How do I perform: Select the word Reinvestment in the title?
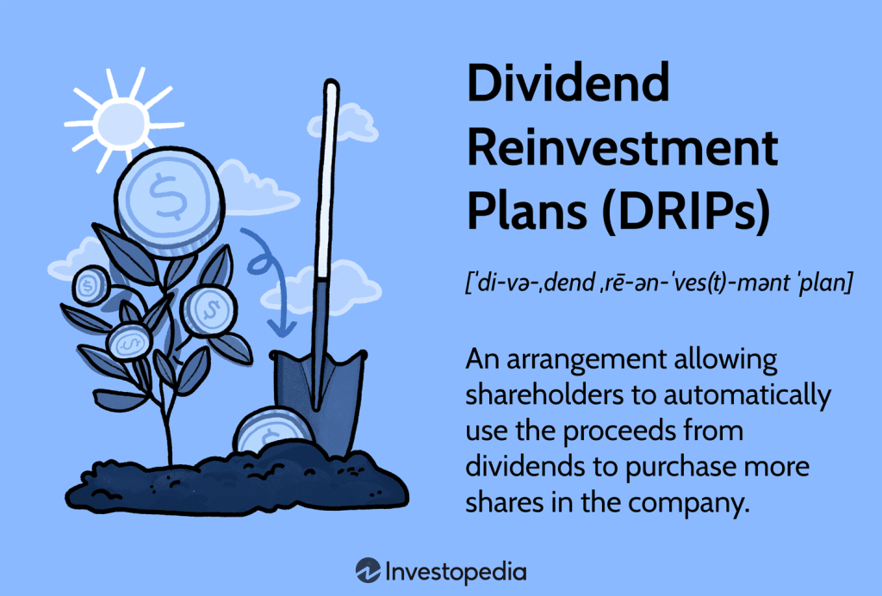(x=622, y=151)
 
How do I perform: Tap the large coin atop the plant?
(x=161, y=201)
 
